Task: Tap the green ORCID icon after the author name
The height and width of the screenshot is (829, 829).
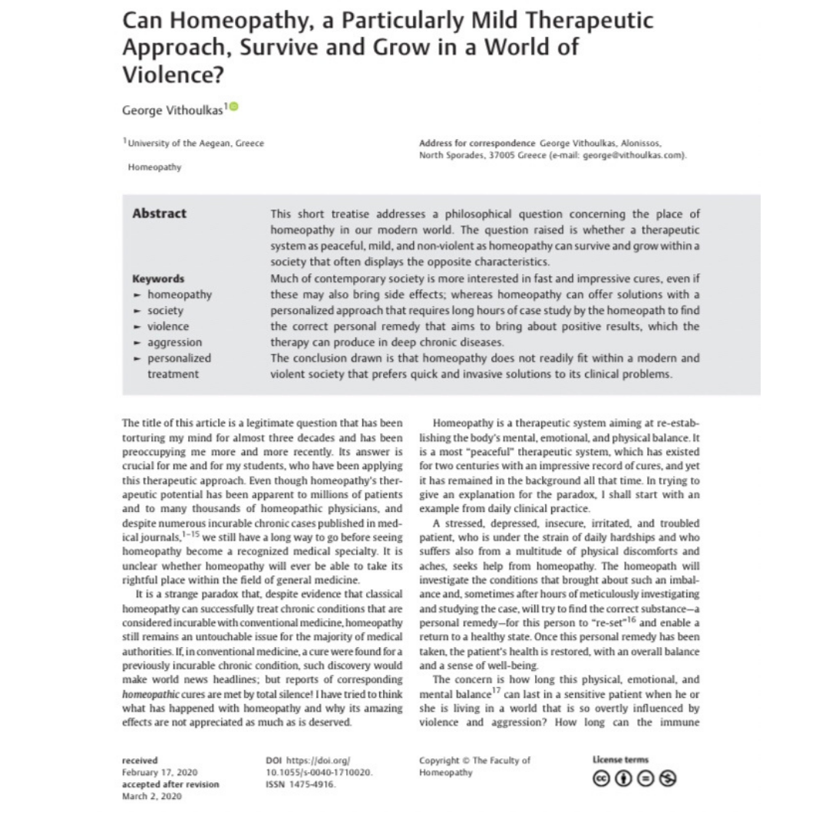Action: pyautogui.click(x=233, y=107)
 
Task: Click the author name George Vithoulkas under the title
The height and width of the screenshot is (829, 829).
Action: pyautogui.click(x=173, y=110)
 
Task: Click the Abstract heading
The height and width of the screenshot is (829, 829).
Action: pyautogui.click(x=159, y=213)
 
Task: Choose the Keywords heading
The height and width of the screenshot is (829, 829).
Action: pyautogui.click(x=158, y=279)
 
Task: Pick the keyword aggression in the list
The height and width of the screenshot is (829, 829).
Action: pyautogui.click(x=174, y=342)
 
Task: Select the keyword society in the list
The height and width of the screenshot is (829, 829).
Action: pyautogui.click(x=165, y=311)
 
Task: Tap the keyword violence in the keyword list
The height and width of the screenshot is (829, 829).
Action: pyautogui.click(x=167, y=326)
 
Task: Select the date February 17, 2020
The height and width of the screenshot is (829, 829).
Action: pyautogui.click(x=160, y=772)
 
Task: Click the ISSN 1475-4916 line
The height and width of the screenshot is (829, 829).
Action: pyautogui.click(x=301, y=784)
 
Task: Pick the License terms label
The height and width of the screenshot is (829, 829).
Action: pyautogui.click(x=620, y=760)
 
